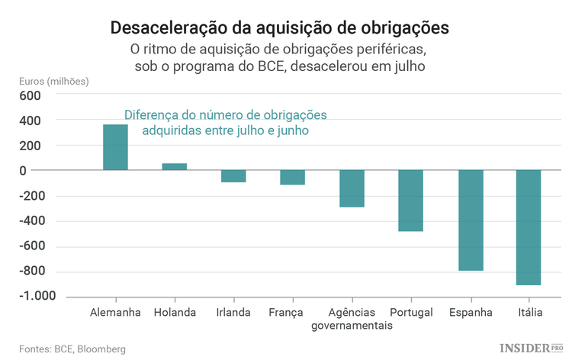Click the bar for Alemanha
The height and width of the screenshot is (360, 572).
(x=115, y=147)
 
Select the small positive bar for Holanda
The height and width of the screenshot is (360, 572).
(x=175, y=166)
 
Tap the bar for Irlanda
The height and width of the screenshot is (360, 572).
(x=233, y=176)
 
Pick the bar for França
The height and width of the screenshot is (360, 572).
(x=292, y=178)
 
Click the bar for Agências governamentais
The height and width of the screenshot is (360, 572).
(x=352, y=188)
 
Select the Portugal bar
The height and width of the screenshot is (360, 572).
(x=410, y=201)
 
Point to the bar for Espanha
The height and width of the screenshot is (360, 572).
(x=471, y=220)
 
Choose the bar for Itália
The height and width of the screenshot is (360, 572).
(x=529, y=227)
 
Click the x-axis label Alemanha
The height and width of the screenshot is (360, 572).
(x=115, y=313)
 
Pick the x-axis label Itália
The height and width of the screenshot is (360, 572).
(x=529, y=313)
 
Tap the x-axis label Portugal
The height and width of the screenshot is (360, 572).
(x=411, y=313)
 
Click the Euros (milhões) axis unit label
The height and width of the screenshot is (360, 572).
(x=53, y=82)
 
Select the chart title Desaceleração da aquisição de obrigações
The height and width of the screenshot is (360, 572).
(x=280, y=28)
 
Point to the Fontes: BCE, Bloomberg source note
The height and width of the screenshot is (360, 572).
(x=73, y=349)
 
